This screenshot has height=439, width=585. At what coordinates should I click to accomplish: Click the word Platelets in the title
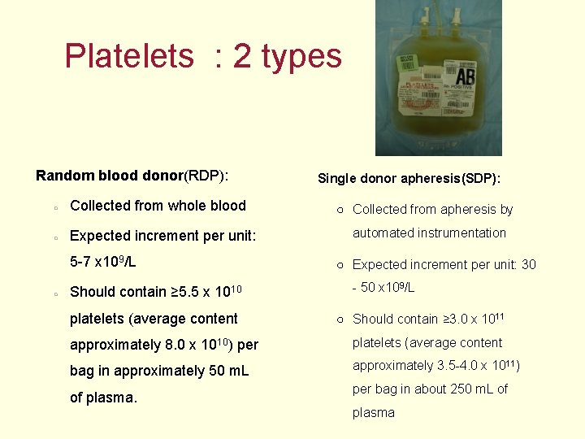point(129,56)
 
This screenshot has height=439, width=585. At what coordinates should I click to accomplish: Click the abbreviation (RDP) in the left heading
point(206,176)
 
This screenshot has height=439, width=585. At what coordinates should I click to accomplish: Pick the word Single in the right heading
point(336,178)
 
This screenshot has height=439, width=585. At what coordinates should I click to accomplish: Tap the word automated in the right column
point(382,233)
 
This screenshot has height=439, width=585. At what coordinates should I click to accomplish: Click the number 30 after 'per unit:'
point(528,264)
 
